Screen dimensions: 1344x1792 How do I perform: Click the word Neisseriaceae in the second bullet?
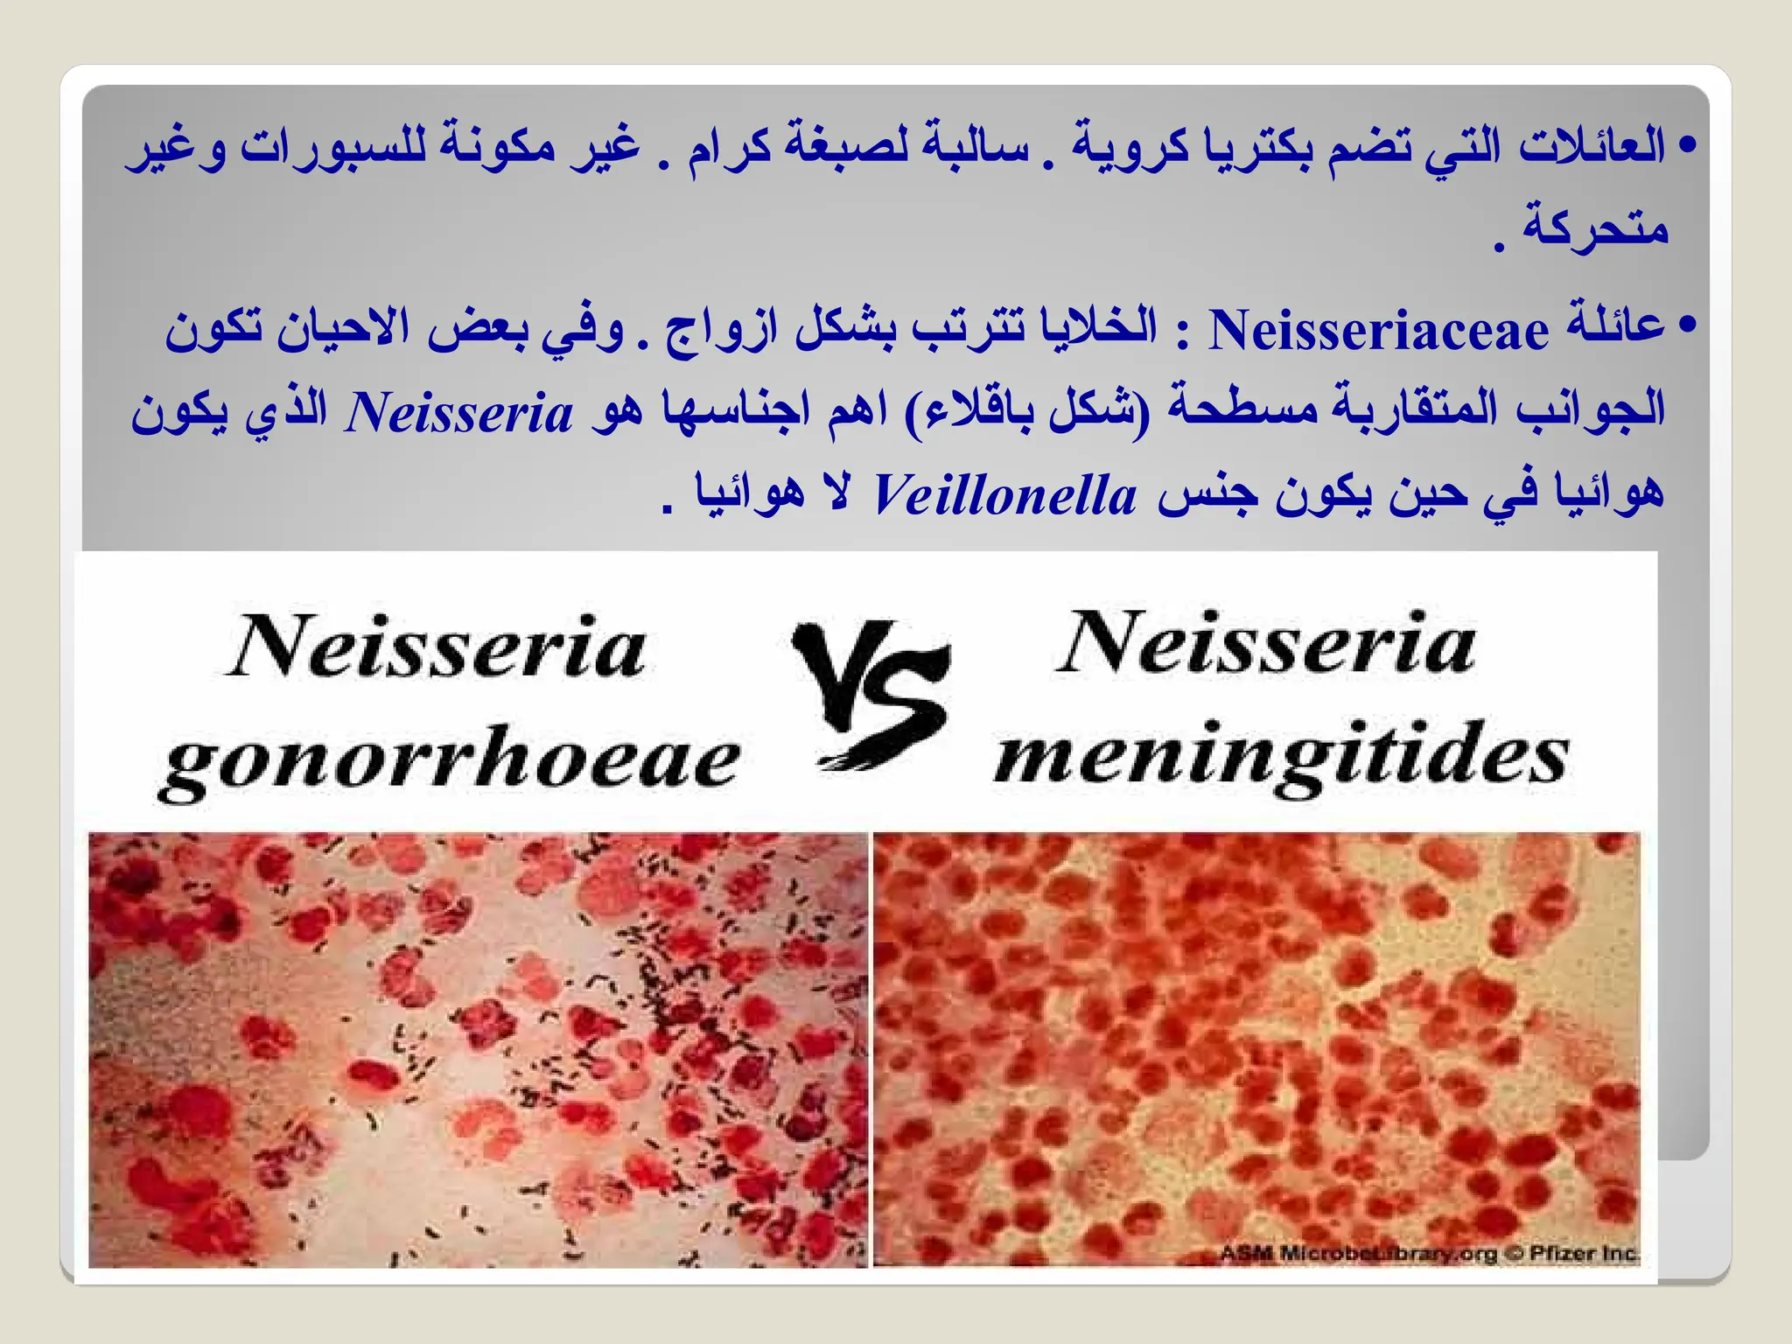click(x=1377, y=331)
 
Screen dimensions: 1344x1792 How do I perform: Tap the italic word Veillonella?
click(x=1005, y=496)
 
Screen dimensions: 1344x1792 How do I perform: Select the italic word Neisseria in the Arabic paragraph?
click(x=459, y=413)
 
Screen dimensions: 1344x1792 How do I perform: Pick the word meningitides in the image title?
click(x=1282, y=757)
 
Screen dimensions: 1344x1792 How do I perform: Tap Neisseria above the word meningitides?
click(x=1267, y=644)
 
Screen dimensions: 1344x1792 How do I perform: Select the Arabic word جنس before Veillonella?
click(x=1207, y=494)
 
